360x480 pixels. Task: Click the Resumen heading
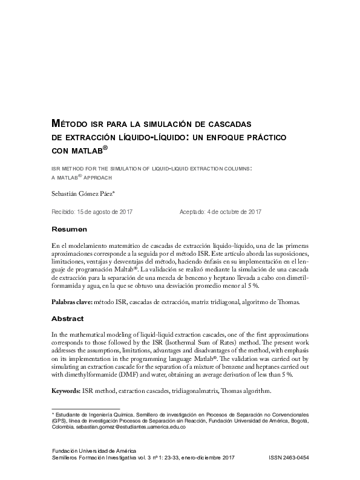(x=70, y=229)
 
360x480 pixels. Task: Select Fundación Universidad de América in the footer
(x=94, y=451)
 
